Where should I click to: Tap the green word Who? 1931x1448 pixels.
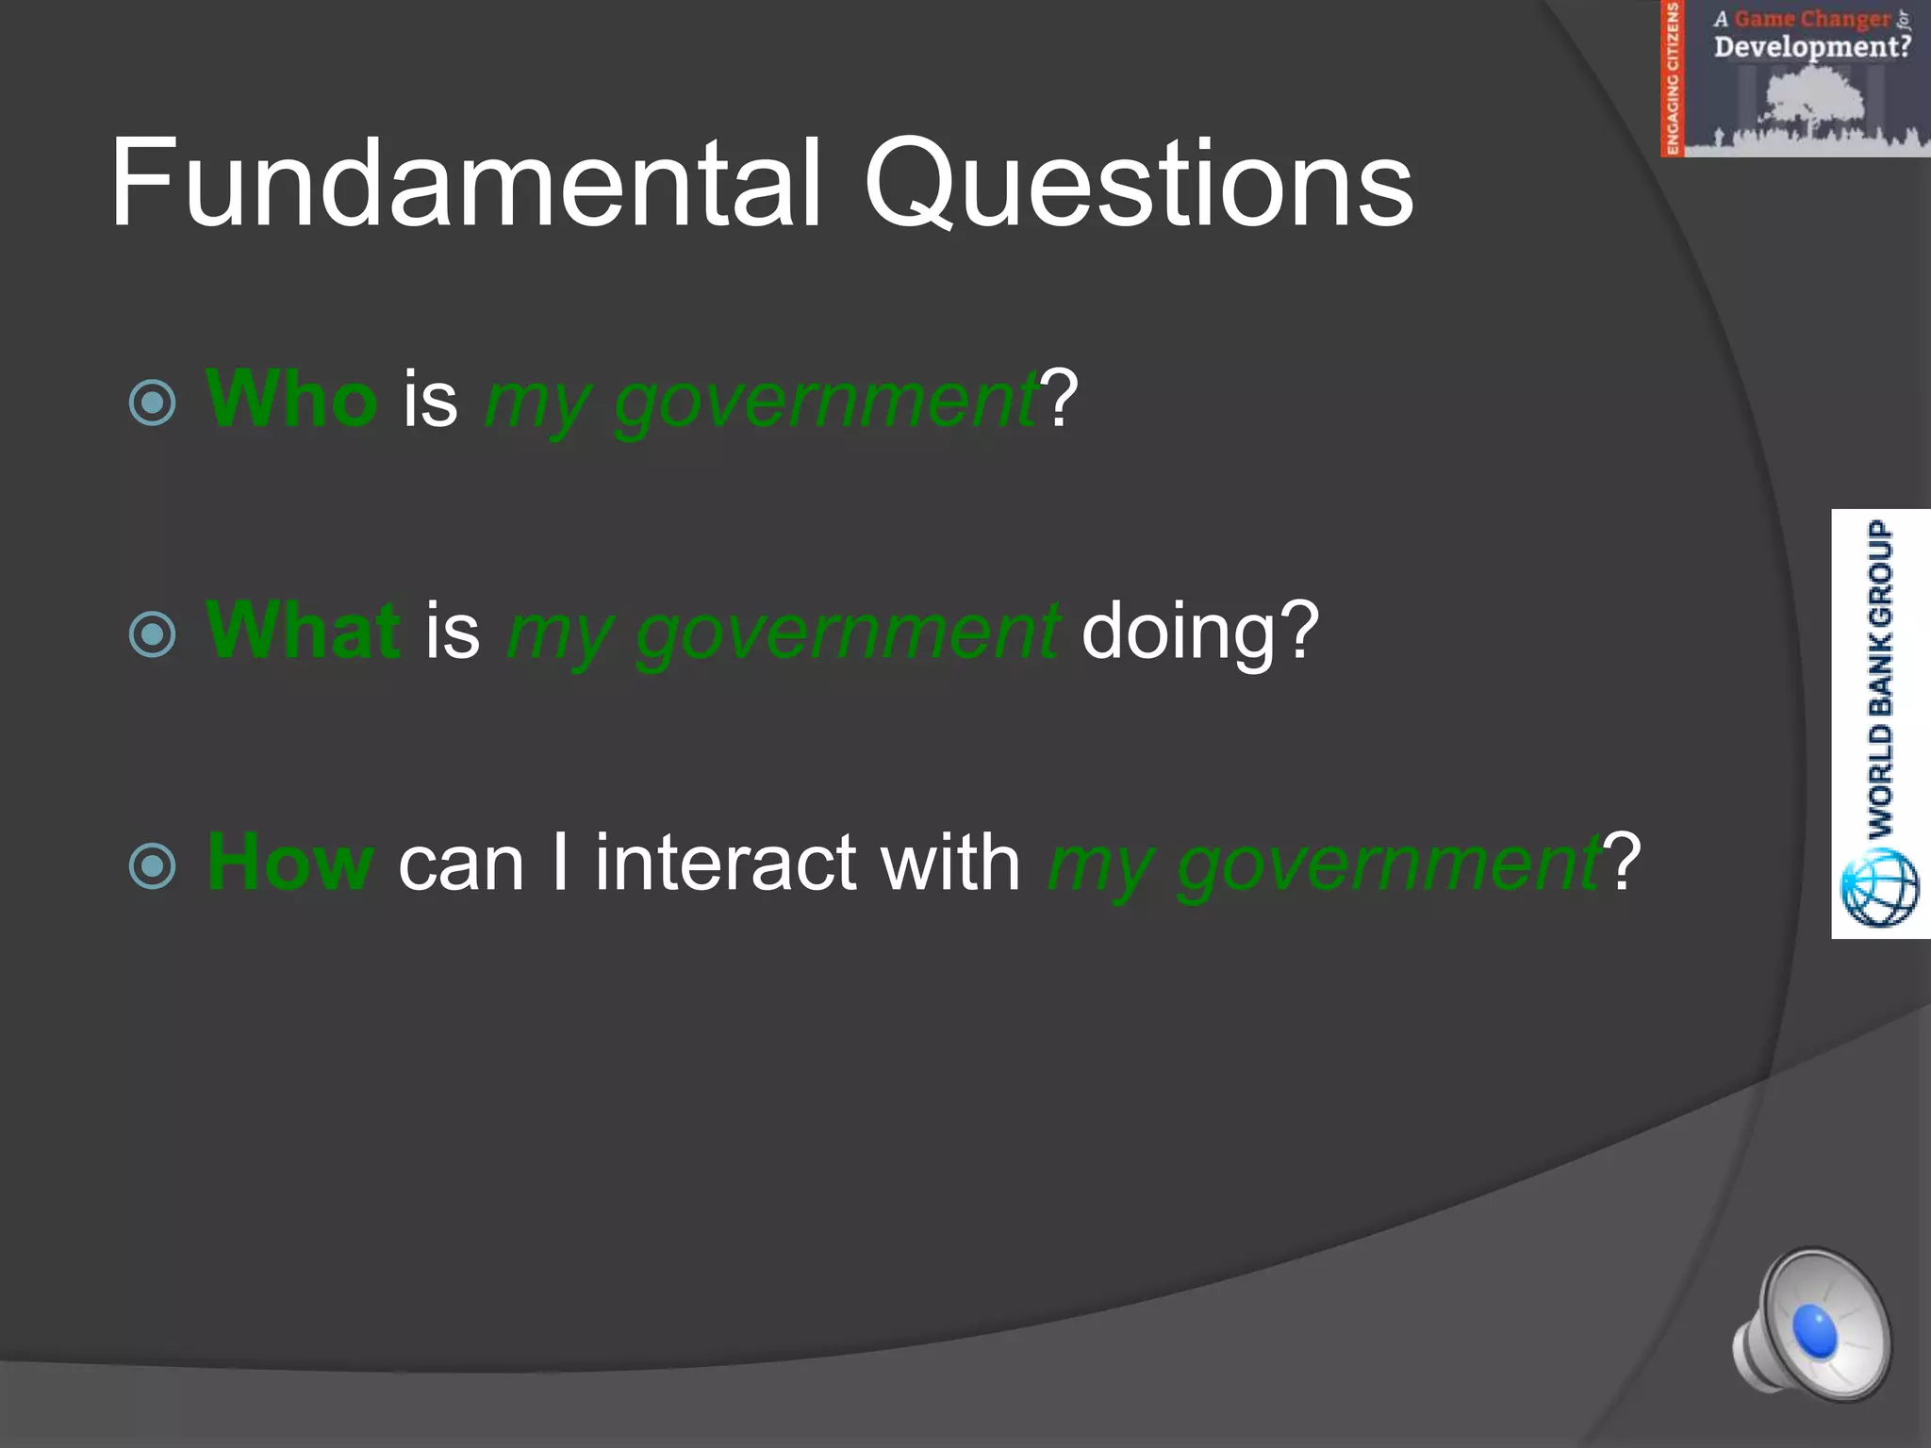[291, 398]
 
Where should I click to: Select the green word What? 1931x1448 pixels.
[303, 630]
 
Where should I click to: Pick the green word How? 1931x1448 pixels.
[290, 862]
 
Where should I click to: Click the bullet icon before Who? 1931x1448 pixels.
[153, 403]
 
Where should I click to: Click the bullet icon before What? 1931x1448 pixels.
[153, 634]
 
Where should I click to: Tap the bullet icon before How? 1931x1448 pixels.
[153, 866]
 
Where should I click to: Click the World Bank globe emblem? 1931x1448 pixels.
[1880, 887]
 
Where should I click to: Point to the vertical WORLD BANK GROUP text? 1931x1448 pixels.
[1880, 679]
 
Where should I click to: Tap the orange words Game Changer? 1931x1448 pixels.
[1811, 19]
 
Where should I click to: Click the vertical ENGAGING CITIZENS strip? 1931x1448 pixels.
[1672, 78]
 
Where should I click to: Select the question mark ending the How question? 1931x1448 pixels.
[1623, 862]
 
